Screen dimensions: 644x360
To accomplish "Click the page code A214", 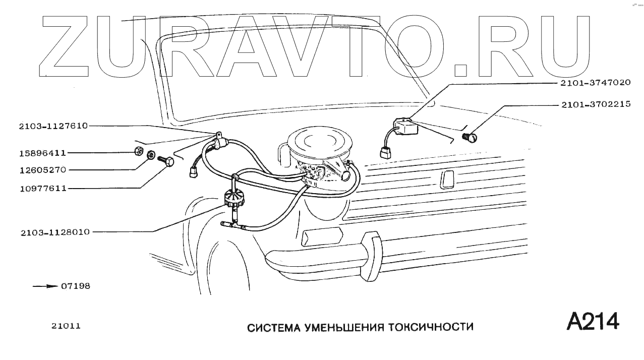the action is [593, 321].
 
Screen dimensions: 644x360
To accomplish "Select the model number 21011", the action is [66, 326].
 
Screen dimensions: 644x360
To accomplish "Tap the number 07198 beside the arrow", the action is [76, 286].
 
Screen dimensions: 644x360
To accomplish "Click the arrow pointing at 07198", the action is [45, 286].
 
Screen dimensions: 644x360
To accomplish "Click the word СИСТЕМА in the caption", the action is [271, 327].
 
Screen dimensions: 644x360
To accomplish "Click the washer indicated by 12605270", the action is [150, 155].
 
